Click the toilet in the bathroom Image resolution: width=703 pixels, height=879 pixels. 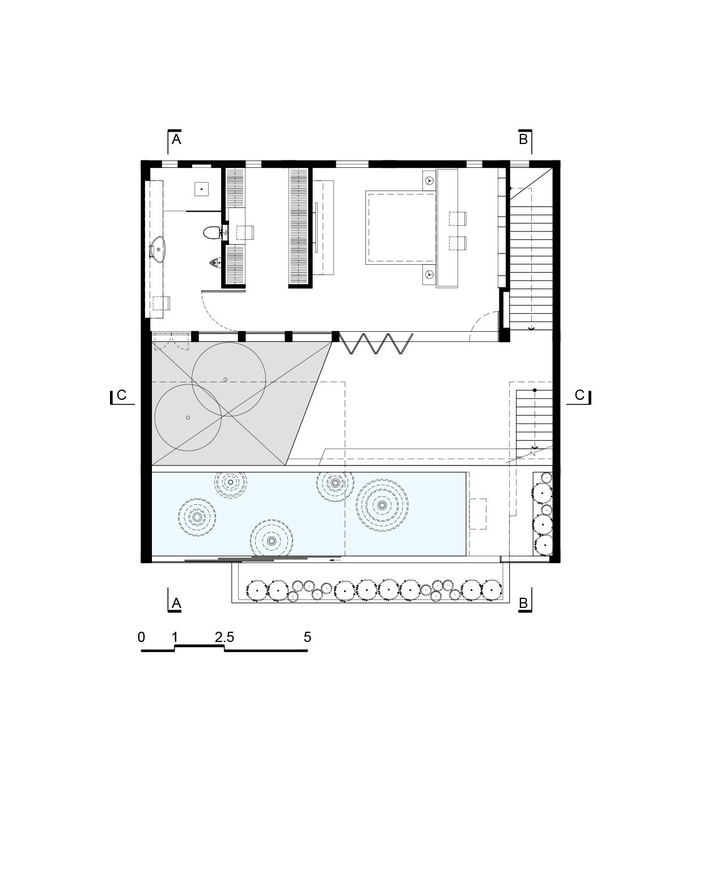[x=212, y=233]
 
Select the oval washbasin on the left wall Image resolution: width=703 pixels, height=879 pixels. [x=158, y=249]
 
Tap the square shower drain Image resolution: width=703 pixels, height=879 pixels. [x=201, y=189]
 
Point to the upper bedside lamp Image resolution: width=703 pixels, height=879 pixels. [x=429, y=180]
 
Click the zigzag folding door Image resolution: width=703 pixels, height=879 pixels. [x=376, y=344]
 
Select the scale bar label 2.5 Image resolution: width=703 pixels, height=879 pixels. [x=225, y=637]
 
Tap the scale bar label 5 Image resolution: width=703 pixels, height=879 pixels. [x=308, y=637]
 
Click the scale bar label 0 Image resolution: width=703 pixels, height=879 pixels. [x=141, y=637]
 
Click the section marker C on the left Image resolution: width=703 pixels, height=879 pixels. [x=121, y=396]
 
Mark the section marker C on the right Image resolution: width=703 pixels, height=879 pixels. [x=579, y=396]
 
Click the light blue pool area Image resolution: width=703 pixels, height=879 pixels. [x=309, y=514]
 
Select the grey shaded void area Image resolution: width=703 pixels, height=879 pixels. [x=228, y=404]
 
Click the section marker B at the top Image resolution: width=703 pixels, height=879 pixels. [x=524, y=141]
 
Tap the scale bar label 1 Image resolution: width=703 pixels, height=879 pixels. [x=175, y=637]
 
